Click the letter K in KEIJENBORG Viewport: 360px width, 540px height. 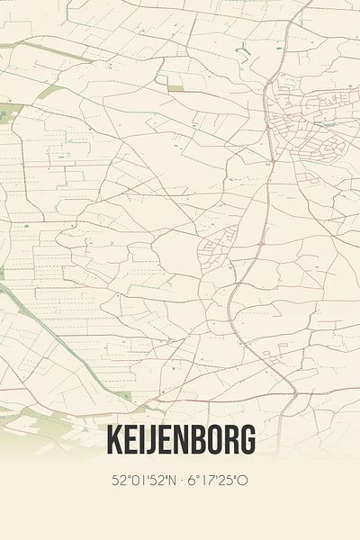tap(114, 441)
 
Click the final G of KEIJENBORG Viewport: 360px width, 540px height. tap(247, 441)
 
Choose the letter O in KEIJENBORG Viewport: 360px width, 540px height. tap(213, 441)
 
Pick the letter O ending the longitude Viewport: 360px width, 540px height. tap(243, 481)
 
